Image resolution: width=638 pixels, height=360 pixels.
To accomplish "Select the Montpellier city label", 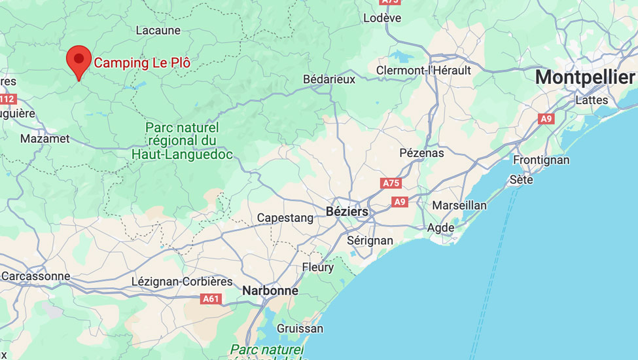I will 584,77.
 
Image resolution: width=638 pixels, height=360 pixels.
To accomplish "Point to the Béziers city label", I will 347,212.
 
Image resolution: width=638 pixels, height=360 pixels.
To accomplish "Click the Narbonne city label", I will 270,290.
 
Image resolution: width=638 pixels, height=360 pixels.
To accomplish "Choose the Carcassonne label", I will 35,276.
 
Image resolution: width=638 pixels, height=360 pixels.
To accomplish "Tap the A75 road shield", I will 390,183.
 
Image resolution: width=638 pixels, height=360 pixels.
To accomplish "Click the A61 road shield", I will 211,299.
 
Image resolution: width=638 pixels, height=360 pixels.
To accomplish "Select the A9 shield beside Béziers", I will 400,202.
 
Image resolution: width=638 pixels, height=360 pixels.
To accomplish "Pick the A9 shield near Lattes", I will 546,118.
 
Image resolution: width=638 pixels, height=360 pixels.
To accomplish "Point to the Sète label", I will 521,179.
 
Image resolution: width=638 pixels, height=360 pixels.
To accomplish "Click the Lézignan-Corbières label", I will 182,281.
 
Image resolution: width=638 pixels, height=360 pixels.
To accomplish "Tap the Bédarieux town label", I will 329,79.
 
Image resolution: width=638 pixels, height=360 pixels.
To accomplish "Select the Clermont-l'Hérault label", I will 423,70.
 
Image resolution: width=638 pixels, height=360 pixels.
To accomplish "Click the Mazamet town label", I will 44,139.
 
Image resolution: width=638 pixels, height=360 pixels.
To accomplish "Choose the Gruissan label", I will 300,328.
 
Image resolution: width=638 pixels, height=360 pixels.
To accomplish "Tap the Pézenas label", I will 421,153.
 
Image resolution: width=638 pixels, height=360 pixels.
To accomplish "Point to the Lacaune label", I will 158,30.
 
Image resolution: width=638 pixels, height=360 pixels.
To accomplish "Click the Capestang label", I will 285,218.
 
